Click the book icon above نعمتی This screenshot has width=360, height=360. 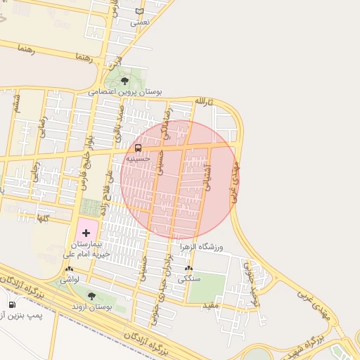coord(139,12)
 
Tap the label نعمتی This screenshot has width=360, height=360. coord(140,22)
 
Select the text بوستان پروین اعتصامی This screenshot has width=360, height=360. coord(125,92)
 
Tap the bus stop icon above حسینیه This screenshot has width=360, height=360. coord(138,148)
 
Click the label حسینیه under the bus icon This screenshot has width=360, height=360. coord(138,159)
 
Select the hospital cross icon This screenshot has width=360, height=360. coord(86,232)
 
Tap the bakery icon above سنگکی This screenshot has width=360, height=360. coord(188,268)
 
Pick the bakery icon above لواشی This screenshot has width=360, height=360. coord(69,269)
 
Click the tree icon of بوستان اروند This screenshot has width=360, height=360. coord(91,296)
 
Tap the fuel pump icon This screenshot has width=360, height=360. coord(12,304)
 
